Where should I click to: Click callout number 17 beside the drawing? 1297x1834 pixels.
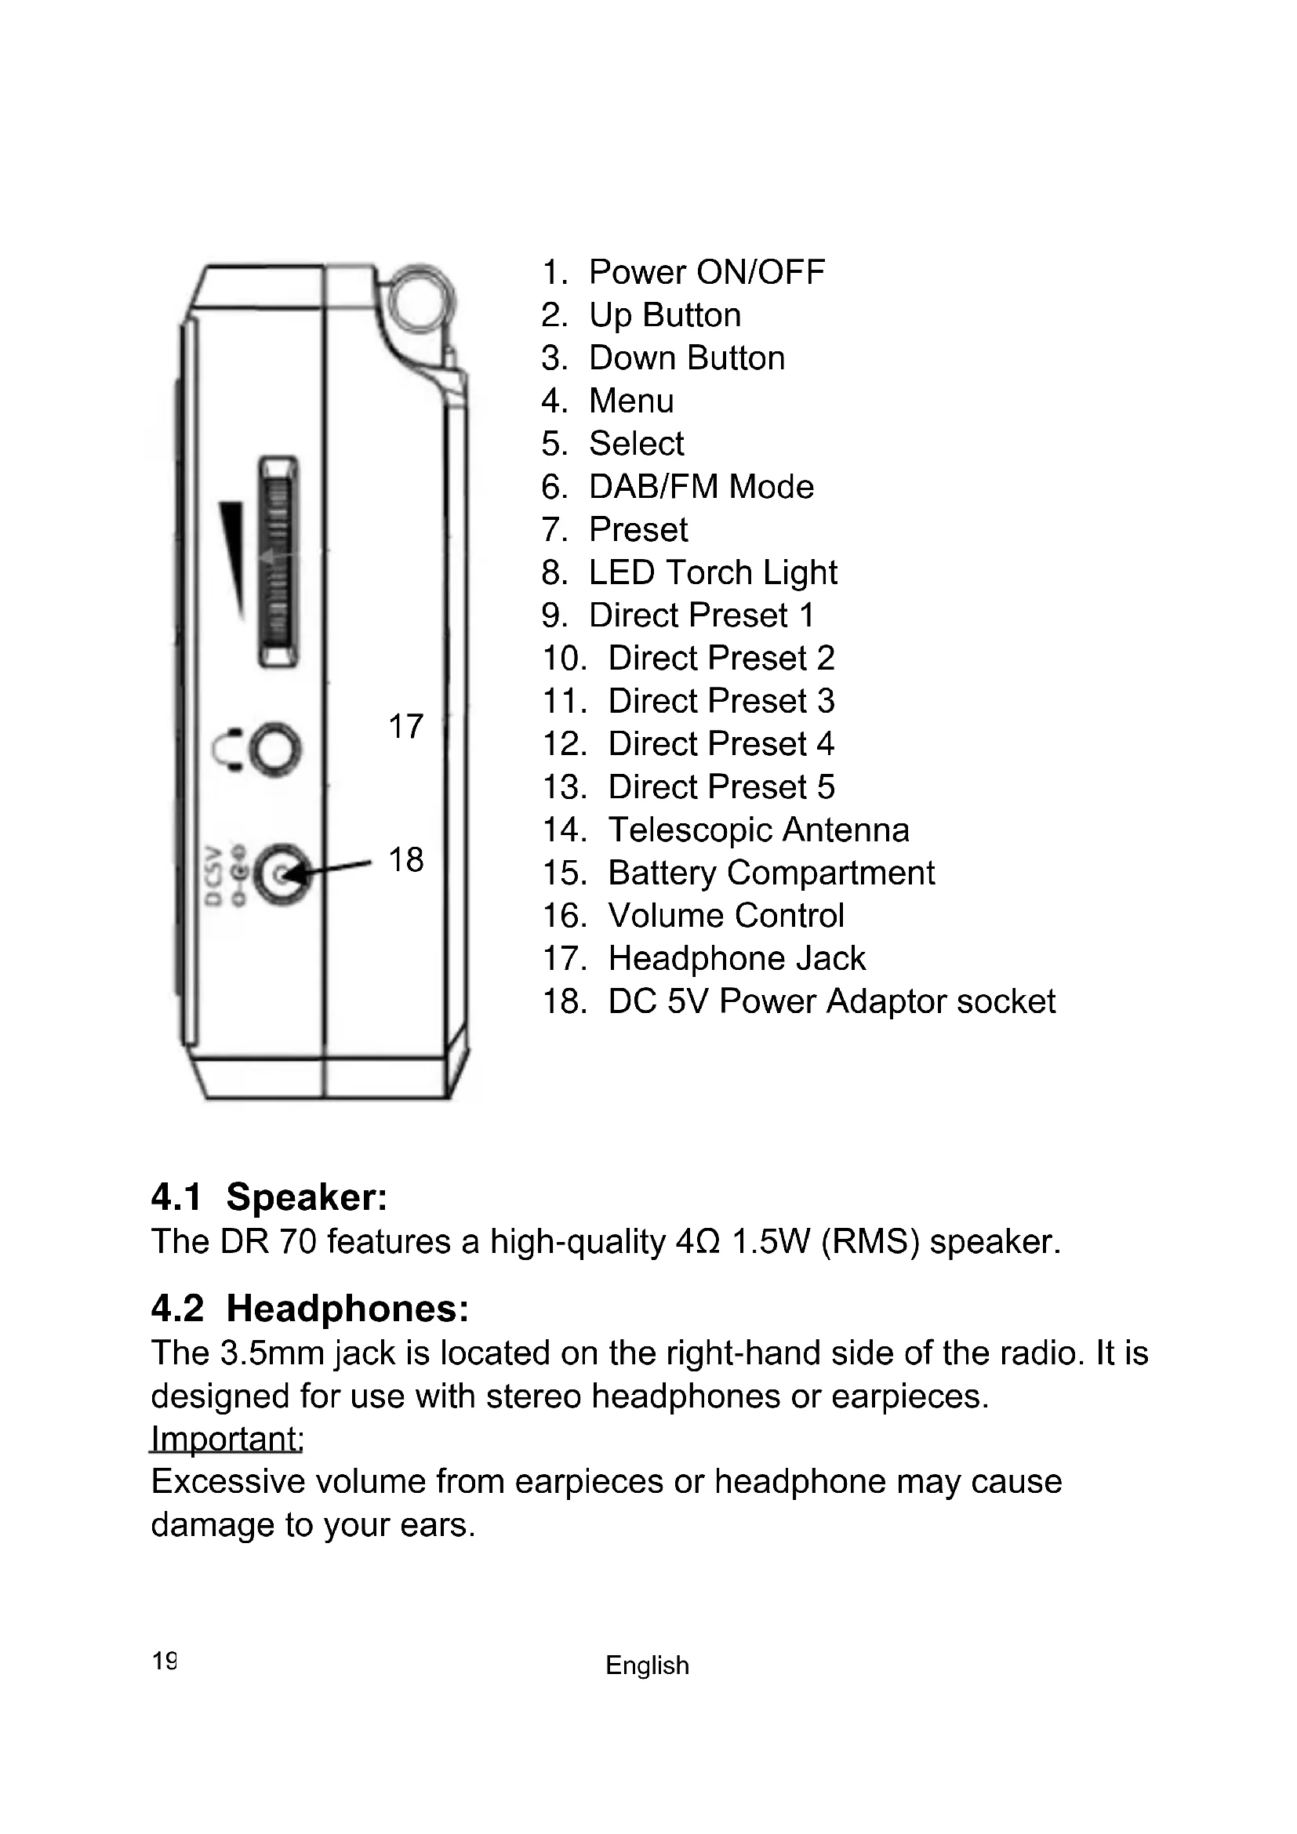405,727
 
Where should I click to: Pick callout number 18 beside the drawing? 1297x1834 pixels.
405,860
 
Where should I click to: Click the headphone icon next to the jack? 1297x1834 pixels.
228,750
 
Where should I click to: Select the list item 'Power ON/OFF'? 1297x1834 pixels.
706,272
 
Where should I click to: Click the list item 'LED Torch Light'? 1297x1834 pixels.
712,572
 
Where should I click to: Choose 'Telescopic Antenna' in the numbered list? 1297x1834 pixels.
758,830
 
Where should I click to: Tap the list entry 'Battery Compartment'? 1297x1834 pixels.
771,873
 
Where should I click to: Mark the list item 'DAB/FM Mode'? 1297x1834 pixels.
700,487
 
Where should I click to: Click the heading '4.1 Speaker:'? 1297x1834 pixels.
269,1197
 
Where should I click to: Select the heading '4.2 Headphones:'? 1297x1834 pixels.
309,1309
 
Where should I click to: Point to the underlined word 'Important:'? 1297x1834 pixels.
227,1439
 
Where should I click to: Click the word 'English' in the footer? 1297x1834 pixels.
647,1665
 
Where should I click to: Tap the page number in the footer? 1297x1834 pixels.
165,1661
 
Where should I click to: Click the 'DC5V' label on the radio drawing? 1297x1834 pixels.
213,875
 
